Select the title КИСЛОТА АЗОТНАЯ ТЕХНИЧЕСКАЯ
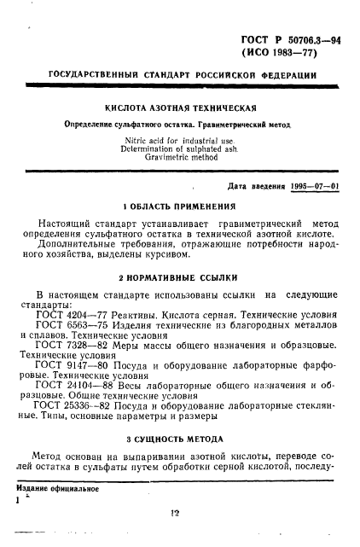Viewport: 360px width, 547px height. (180, 109)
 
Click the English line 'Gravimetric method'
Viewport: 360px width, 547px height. (180, 159)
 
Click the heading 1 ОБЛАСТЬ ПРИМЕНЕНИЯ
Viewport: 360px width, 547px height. (179, 207)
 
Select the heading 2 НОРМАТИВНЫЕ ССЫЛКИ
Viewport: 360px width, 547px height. (180, 277)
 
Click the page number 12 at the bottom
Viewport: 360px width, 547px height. (176, 513)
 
